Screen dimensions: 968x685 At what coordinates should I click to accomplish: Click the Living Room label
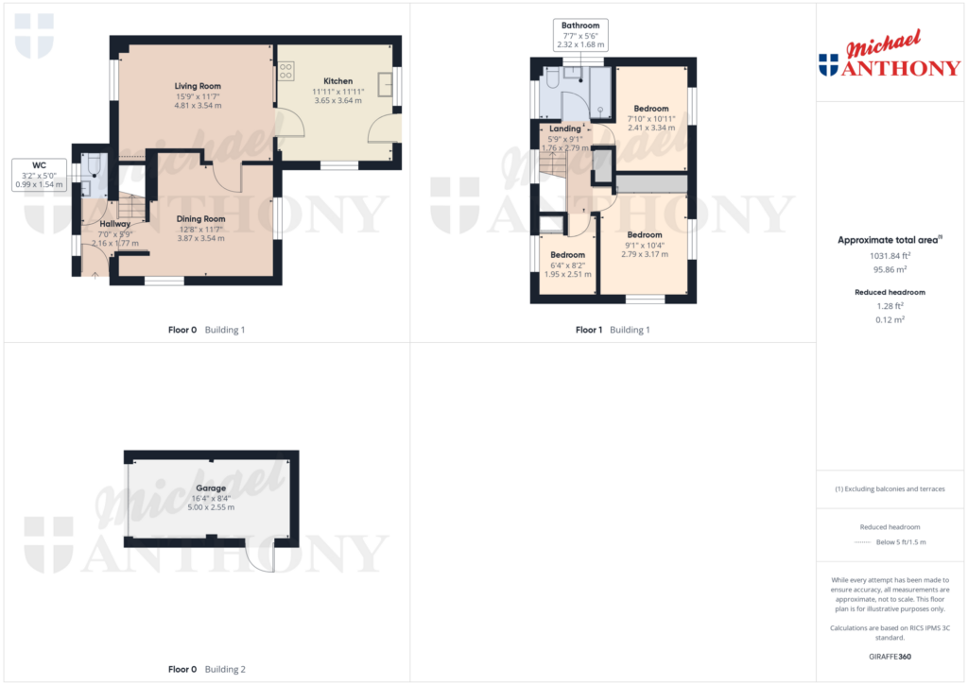198,86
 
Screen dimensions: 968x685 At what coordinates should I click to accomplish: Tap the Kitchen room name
338,81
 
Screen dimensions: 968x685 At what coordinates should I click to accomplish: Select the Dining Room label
200,218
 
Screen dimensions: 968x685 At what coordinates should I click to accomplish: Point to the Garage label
211,488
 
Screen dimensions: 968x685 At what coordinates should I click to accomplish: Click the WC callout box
39,175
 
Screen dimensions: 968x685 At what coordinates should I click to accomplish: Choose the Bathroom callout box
580,35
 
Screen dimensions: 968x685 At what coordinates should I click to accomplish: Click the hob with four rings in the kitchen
285,71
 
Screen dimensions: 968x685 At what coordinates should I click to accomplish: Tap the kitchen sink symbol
386,84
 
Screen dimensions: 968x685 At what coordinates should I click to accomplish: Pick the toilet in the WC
94,164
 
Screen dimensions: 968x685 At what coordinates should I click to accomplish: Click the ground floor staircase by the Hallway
131,206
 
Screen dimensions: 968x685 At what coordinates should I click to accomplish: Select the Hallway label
114,224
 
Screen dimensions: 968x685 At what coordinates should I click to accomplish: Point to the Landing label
565,128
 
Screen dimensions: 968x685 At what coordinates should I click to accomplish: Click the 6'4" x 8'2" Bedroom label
567,255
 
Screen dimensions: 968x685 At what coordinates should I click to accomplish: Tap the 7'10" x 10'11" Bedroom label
650,109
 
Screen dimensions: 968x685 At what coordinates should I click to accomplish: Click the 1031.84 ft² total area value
890,255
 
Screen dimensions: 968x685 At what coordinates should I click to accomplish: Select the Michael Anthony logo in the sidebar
890,54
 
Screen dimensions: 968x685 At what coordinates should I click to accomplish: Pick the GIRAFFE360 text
890,657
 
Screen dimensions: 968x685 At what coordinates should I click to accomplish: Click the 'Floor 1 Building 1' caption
613,330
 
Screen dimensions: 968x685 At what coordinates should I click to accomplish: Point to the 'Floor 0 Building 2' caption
207,669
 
